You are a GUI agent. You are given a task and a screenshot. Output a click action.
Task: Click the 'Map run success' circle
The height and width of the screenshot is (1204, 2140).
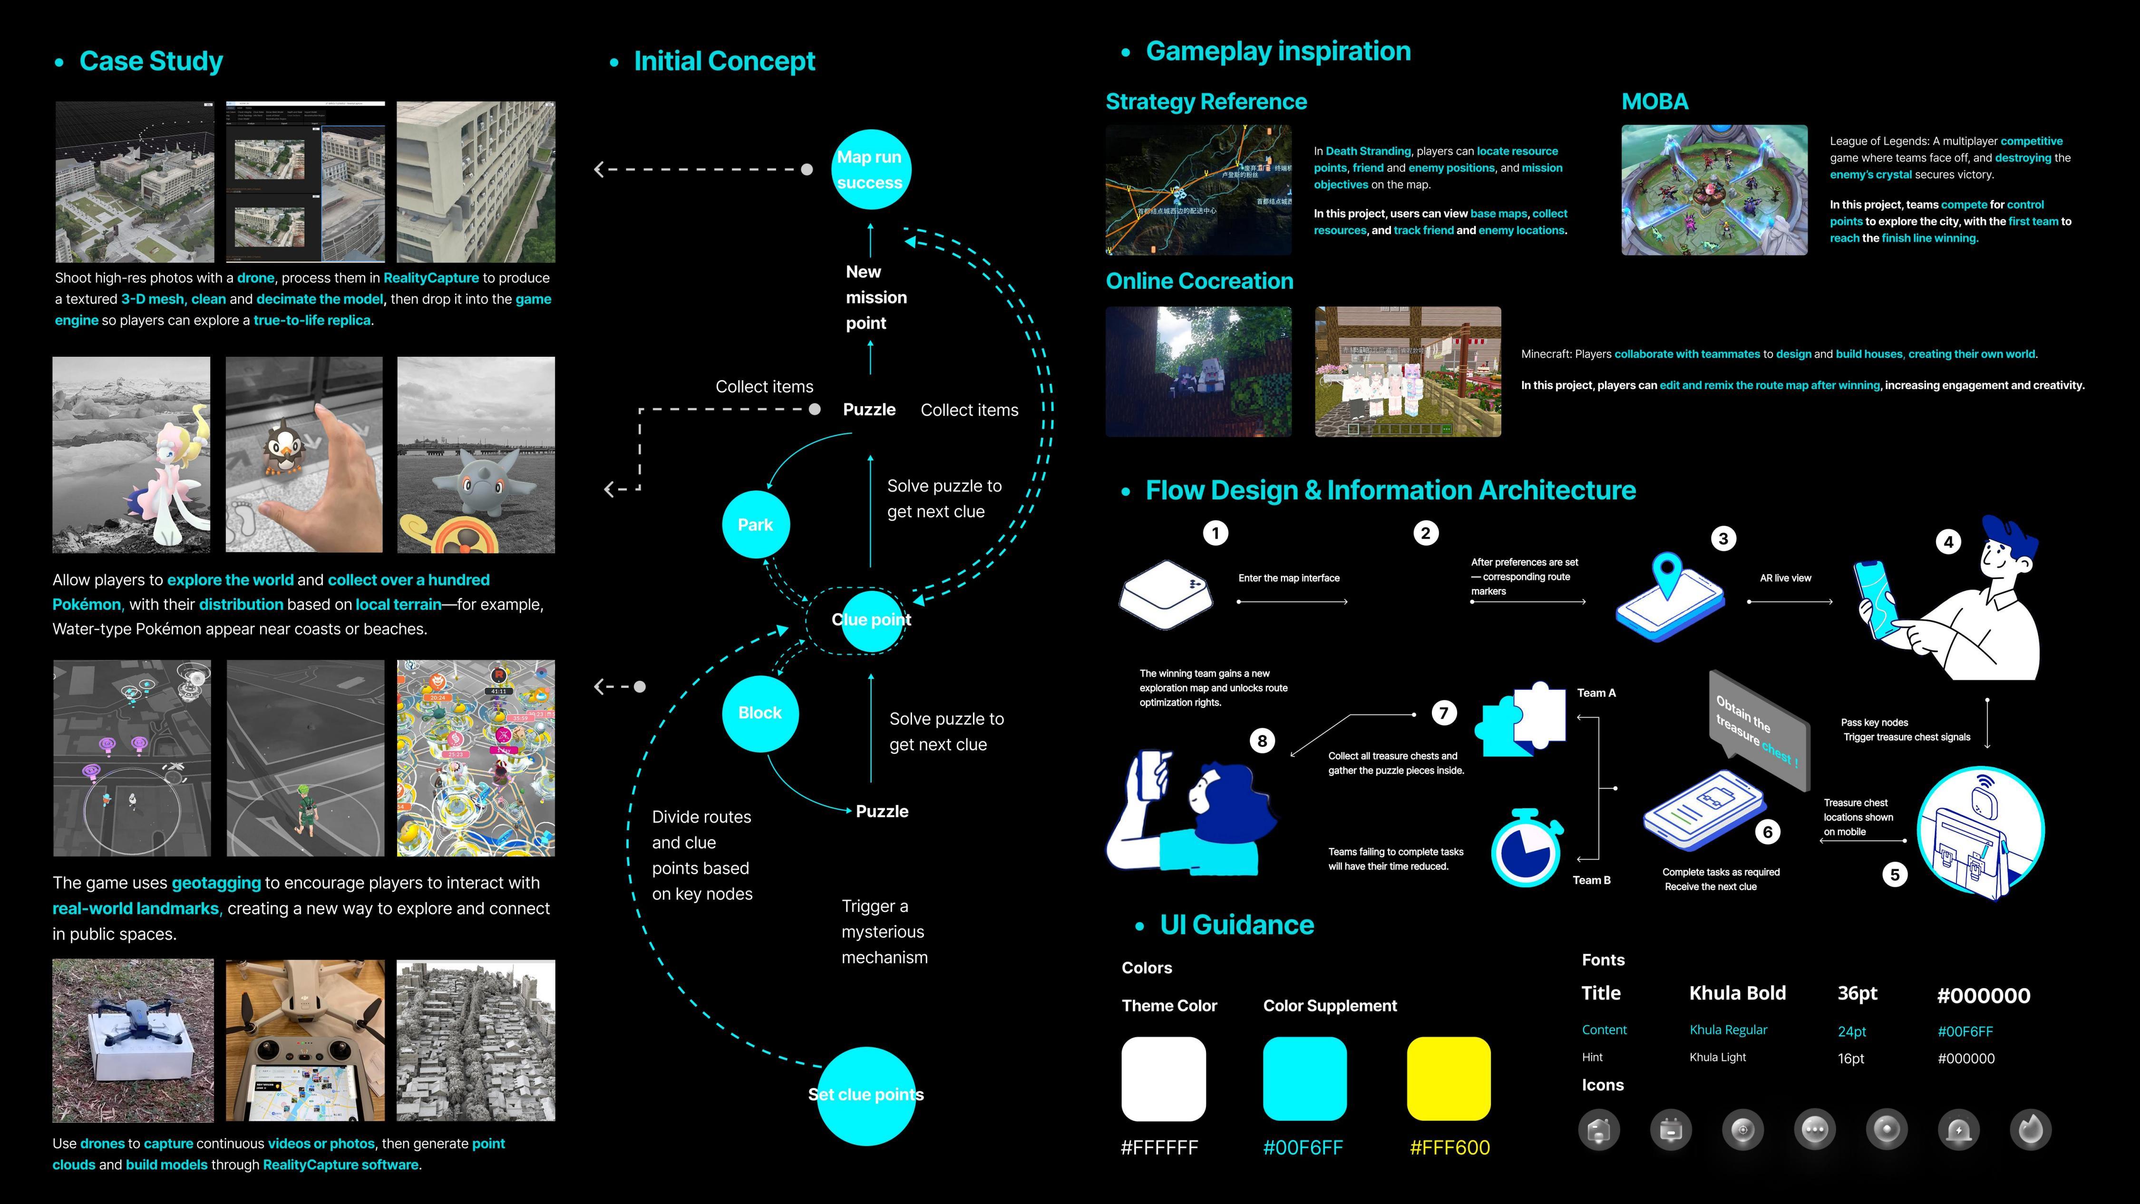tap(870, 169)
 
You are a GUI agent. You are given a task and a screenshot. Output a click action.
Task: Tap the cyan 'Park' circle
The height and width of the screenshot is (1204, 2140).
tap(755, 524)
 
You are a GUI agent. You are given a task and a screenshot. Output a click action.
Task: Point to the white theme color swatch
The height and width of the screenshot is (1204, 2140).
tap(1163, 1078)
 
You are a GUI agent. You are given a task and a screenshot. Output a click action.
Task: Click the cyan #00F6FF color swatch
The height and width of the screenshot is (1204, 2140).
tap(1304, 1078)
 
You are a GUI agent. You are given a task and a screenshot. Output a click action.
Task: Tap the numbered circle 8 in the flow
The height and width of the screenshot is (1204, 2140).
tap(1262, 740)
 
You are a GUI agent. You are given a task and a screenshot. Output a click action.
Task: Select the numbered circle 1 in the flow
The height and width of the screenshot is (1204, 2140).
tap(1216, 533)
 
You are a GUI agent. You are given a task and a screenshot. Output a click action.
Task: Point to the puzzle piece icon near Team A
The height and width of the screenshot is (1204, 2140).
tap(1520, 719)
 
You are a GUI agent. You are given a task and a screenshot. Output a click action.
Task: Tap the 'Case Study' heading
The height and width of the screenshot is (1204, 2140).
tap(150, 61)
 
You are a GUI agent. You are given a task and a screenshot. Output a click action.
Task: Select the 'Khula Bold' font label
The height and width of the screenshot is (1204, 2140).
tap(1737, 993)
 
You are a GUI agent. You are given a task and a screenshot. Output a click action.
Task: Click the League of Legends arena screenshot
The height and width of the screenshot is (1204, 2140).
tap(1714, 189)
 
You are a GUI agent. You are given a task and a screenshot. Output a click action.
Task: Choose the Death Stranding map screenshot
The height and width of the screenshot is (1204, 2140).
tap(1198, 189)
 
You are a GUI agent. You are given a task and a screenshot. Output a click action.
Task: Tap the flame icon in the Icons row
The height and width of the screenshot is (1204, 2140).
tap(2030, 1129)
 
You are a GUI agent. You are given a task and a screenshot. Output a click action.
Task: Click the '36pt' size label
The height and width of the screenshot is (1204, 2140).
tap(1858, 993)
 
